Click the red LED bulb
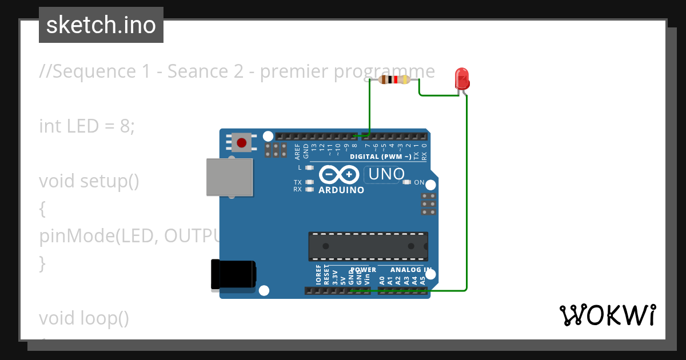tap(461, 78)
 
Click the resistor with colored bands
tap(394, 80)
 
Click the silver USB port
tap(229, 178)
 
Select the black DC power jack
tap(233, 275)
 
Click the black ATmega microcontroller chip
tap(368, 246)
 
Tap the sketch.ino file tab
tap(101, 25)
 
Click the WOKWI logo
tap(607, 315)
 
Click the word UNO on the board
tap(386, 174)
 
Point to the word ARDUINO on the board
tap(341, 190)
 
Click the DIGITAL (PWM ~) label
tap(381, 157)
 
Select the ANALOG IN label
tap(411, 270)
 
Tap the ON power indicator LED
tap(407, 182)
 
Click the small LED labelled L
tap(310, 168)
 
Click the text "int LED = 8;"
tap(87, 126)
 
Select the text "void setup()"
tap(89, 181)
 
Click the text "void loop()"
tap(84, 318)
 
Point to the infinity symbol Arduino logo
tap(340, 174)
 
